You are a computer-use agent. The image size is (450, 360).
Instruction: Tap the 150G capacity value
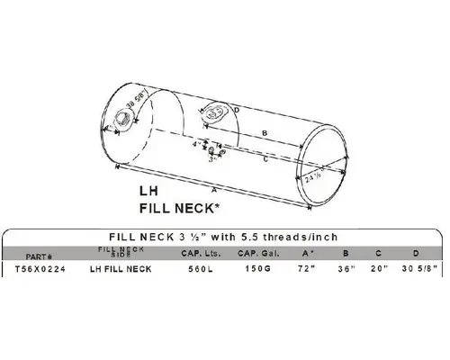coord(260,268)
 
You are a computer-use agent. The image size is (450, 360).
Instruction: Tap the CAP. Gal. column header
coord(261,253)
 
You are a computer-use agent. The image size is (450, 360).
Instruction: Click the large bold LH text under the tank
coord(149,191)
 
